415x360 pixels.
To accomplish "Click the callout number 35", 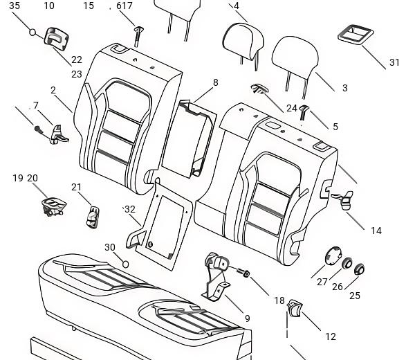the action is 15,6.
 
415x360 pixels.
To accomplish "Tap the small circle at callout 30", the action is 125,264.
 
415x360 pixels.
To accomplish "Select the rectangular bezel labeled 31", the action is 356,34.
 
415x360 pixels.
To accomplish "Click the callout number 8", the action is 215,82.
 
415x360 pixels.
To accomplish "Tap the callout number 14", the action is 376,231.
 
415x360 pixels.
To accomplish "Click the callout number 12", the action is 331,336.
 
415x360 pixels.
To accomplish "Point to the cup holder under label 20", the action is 54,206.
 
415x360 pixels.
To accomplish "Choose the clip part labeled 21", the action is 93,217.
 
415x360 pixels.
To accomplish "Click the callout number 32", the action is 130,209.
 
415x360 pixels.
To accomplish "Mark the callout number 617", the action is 124,6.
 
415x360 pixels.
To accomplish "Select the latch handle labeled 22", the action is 57,38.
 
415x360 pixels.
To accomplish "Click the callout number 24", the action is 292,108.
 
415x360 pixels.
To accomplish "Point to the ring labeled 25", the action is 359,269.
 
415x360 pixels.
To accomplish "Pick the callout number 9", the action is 247,318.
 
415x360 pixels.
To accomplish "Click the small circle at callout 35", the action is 33,33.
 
